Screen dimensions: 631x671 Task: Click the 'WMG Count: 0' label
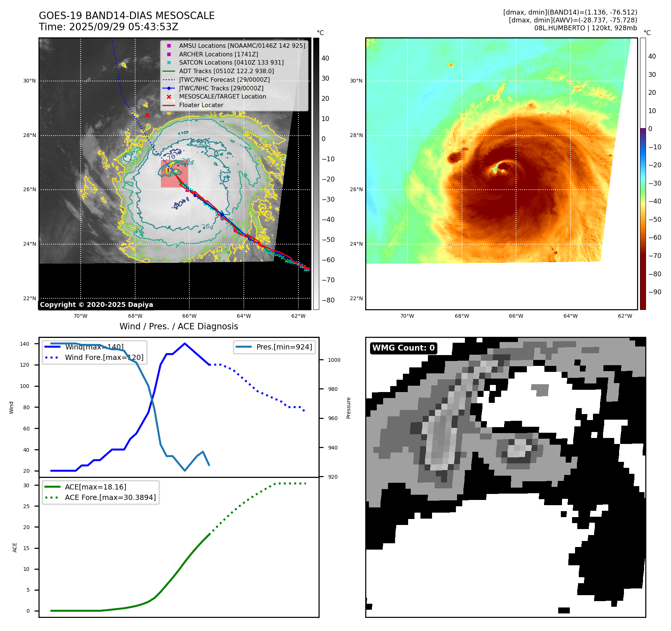tap(403, 348)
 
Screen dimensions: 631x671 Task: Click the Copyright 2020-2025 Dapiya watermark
tap(96, 305)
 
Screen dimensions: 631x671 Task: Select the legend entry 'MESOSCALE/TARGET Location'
tap(222, 97)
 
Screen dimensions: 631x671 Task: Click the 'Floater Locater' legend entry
tap(201, 105)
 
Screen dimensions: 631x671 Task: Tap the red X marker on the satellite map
tap(147, 115)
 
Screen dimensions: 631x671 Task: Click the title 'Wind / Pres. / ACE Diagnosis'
tap(178, 326)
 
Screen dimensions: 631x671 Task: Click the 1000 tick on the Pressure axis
tap(334, 360)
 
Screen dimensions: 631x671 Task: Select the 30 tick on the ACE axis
tap(27, 485)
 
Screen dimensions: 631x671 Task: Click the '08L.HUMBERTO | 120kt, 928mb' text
tap(585, 28)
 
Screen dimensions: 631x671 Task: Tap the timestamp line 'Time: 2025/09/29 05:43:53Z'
tap(108, 27)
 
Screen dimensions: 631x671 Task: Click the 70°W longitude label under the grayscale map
tap(80, 316)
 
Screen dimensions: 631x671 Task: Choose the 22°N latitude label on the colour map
tap(356, 298)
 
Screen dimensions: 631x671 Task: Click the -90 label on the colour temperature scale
tap(655, 292)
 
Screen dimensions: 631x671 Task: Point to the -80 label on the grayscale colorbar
tap(328, 300)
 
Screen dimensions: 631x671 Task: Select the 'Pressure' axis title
tap(348, 408)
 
